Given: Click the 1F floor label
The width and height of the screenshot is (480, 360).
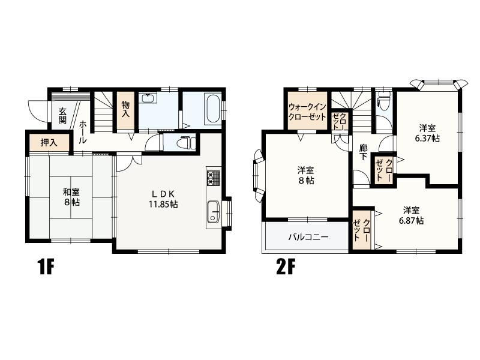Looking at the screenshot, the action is point(46,267).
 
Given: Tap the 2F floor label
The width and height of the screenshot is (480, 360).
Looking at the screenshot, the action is point(286,267).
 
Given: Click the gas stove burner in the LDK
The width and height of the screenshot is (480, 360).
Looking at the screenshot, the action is point(214,178).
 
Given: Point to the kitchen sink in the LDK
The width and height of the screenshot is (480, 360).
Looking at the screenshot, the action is point(214,212).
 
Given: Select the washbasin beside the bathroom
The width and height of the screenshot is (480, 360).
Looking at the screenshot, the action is point(148,98).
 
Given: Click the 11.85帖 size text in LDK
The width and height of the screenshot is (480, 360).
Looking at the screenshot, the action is point(163,204).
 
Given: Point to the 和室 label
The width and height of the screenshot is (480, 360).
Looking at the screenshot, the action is point(71,192).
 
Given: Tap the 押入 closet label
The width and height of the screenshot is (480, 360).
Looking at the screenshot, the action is point(49,143).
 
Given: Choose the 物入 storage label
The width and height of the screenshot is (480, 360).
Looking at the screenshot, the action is point(125,109).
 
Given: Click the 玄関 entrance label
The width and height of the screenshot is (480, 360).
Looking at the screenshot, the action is point(62,115).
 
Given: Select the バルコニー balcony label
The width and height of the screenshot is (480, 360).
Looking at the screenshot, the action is point(308,237).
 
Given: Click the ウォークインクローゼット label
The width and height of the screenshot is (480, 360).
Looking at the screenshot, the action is point(307,112).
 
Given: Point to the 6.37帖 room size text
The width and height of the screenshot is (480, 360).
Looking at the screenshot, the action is point(427,139).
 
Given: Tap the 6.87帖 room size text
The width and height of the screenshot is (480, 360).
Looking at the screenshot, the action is point(411,221).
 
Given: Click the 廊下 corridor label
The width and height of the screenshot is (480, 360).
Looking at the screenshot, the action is point(364,152).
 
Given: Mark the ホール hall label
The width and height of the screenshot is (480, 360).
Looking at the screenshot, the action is point(83,132).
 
